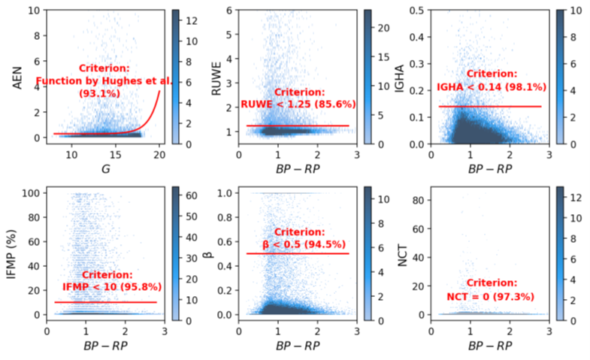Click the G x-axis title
[x=104, y=170]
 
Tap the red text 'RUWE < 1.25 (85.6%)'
[x=298, y=104]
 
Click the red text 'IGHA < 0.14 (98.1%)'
[x=492, y=87]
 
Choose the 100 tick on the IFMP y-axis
[x=31, y=194]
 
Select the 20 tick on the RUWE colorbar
[x=384, y=27]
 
